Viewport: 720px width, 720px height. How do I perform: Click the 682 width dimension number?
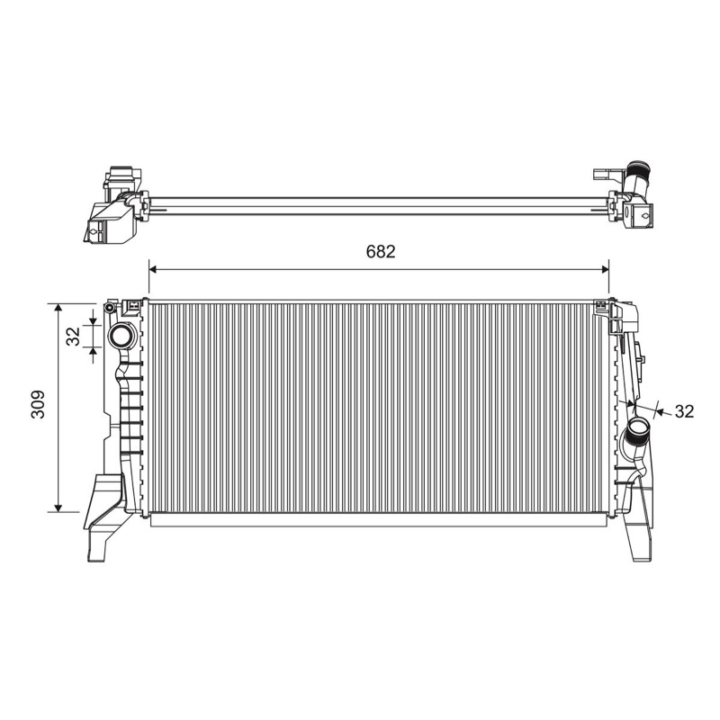coord(380,251)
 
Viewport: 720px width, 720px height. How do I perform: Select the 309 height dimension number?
coord(38,404)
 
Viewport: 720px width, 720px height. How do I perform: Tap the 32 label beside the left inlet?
coord(74,336)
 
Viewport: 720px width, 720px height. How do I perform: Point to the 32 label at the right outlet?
coord(684,411)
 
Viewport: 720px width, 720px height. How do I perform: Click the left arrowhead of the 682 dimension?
coord(153,269)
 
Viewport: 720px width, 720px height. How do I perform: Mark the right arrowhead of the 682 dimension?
coord(605,269)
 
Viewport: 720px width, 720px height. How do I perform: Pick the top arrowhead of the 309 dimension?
coord(58,307)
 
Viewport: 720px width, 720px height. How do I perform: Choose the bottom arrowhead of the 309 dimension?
coord(58,508)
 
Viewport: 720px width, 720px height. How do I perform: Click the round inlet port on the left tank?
coord(121,336)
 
